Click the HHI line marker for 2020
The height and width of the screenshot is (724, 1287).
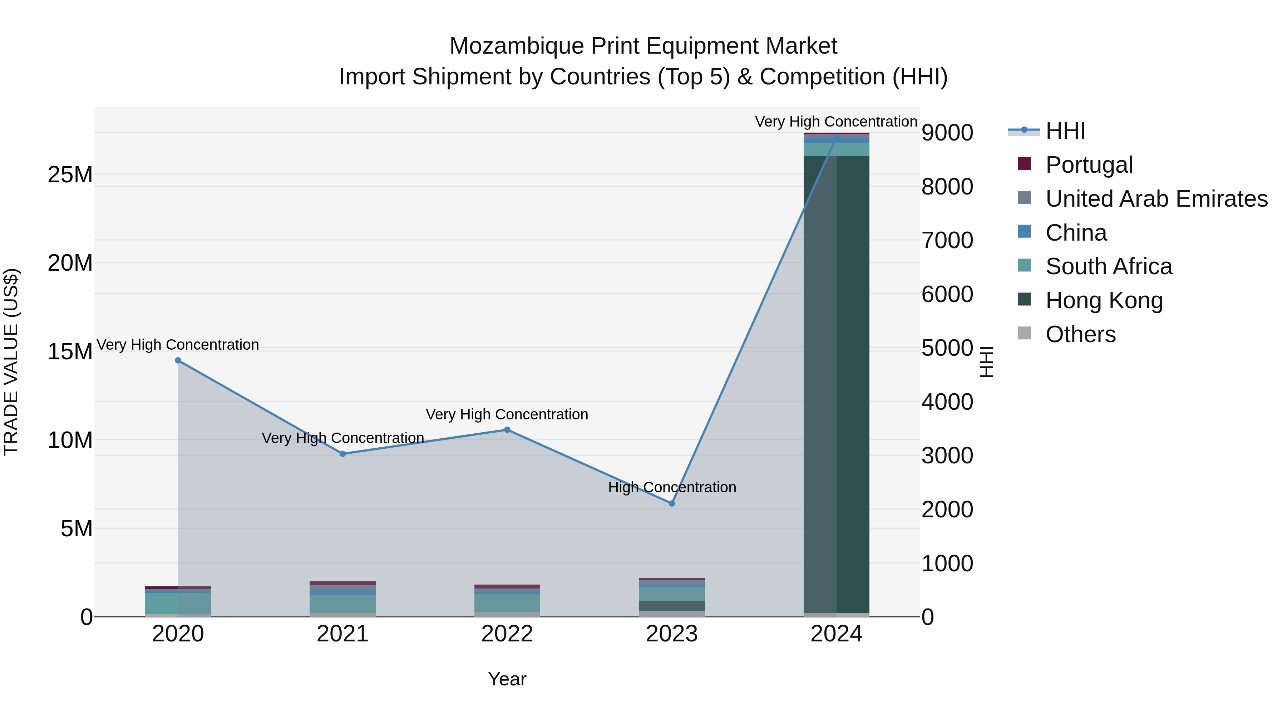click(x=178, y=360)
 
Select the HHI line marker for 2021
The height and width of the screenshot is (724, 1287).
click(x=343, y=454)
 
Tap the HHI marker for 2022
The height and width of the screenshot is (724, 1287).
click(x=507, y=430)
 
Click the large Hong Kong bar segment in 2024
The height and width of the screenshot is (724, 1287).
click(x=836, y=385)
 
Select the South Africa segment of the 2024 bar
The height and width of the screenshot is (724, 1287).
click(x=836, y=150)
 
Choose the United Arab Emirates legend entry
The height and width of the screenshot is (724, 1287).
click(x=1156, y=198)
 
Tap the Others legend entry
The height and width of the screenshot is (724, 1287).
click(x=1080, y=334)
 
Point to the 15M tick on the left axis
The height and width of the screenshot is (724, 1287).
click(x=70, y=351)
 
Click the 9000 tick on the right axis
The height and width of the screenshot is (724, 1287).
click(x=947, y=133)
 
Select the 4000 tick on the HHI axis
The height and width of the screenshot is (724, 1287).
click(x=947, y=402)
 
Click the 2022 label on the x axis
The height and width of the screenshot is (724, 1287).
click(x=507, y=634)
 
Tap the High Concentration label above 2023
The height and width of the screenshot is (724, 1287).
click(x=672, y=487)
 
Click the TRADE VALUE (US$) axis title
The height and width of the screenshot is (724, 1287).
click(x=11, y=362)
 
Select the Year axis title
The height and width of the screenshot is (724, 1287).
click(x=507, y=679)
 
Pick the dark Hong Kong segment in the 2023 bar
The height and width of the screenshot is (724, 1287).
click(x=672, y=605)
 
